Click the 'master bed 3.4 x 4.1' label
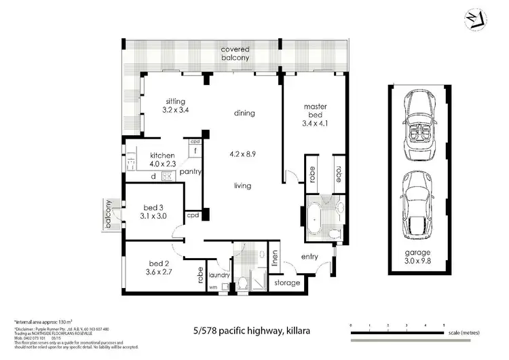tap(316, 115)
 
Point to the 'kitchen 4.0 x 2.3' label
tap(162, 160)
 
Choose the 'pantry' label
tap(191, 172)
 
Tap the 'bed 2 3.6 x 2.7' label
tap(161, 267)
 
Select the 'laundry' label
tap(220, 275)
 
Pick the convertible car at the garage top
tap(418, 124)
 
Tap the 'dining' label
tap(244, 113)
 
